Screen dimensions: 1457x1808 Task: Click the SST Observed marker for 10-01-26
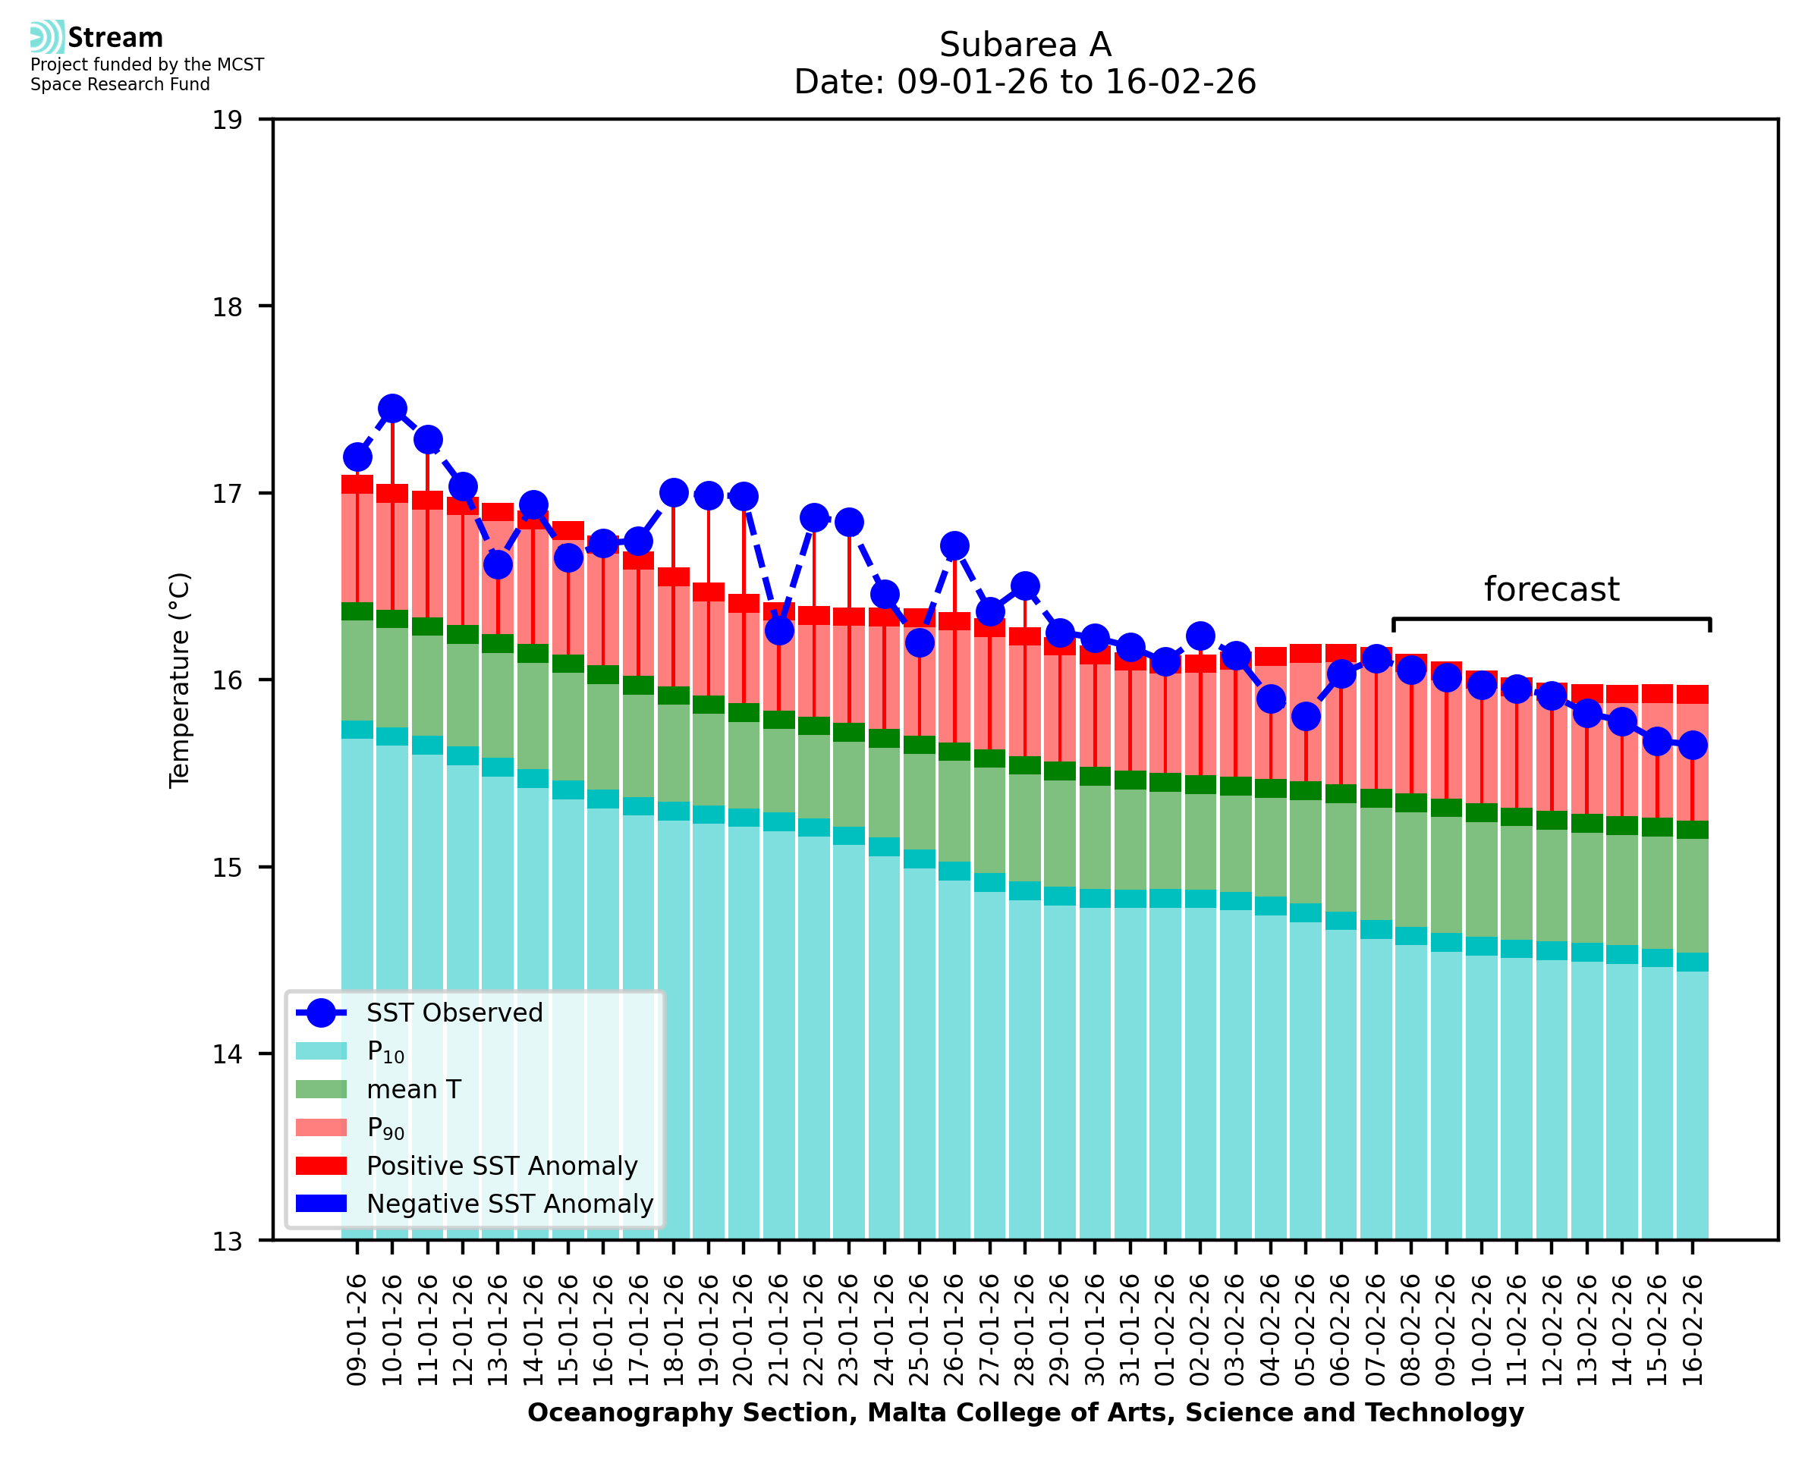(392, 409)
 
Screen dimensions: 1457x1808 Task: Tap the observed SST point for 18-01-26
(673, 493)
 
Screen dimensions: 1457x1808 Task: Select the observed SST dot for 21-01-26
(779, 630)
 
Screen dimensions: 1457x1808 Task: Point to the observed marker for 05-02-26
(1305, 716)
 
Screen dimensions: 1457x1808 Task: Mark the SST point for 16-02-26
(1692, 745)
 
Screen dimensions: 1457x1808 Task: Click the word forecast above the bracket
(1551, 589)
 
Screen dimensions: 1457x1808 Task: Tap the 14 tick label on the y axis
(227, 1054)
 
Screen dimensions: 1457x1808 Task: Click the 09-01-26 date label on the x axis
(357, 1330)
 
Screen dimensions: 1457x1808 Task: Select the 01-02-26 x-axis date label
(1165, 1330)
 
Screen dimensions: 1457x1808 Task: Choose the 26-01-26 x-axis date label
(954, 1330)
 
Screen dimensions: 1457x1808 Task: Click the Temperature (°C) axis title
(180, 680)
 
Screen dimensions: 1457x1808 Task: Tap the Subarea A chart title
(1025, 45)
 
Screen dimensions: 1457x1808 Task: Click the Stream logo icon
(47, 37)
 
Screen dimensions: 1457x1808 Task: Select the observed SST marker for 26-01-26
(954, 545)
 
